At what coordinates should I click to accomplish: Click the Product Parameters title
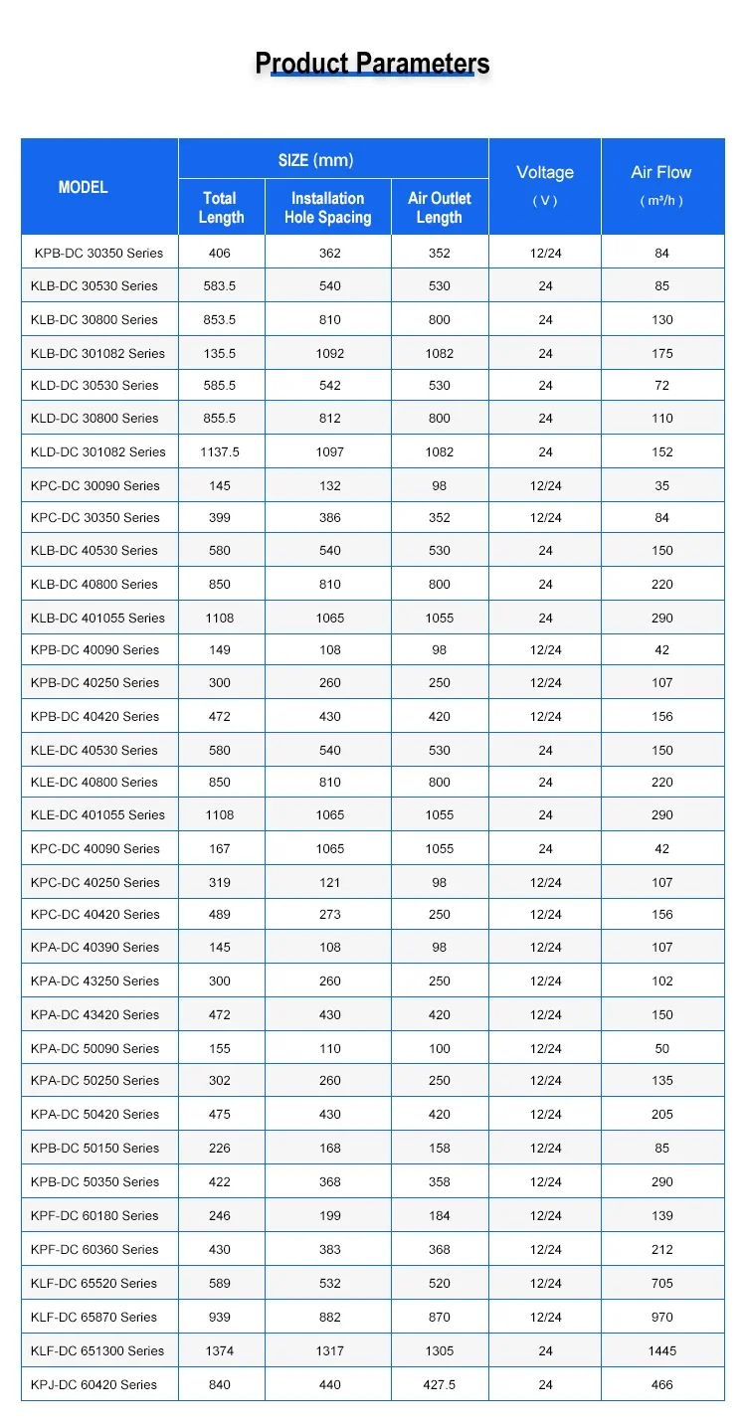coord(372,64)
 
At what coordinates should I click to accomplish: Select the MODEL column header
coord(84,187)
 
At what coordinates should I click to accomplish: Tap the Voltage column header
coord(545,173)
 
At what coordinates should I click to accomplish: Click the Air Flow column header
coord(661,173)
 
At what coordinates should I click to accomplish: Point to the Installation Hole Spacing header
coord(328,208)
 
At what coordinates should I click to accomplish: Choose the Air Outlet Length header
coord(440,208)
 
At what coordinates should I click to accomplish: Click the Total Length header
coord(221,208)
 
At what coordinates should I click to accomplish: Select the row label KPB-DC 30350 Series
coord(98,253)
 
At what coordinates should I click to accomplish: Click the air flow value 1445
coord(662,1350)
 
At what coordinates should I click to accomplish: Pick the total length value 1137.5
coord(220,451)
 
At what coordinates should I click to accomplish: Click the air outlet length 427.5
coord(440,1384)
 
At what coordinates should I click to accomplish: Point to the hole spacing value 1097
coord(329,451)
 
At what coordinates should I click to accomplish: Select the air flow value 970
coord(662,1317)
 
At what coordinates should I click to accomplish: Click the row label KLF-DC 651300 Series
coord(97,1350)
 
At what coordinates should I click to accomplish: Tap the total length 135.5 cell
coord(220,353)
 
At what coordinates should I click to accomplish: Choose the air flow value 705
coord(662,1283)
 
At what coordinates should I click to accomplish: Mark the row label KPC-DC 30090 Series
coord(95,485)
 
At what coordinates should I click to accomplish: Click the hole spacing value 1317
coord(329,1350)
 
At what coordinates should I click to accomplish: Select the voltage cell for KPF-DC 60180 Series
coord(545,1215)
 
